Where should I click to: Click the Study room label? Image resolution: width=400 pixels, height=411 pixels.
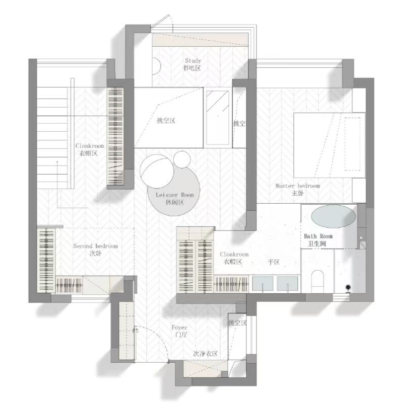[x=193, y=60]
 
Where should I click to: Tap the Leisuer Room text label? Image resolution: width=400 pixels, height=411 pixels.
[x=175, y=195]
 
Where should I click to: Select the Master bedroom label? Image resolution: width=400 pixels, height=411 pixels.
[x=298, y=186]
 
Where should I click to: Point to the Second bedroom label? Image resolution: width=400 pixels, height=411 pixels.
[x=96, y=246]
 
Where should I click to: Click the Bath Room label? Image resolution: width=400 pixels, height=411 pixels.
[x=318, y=236]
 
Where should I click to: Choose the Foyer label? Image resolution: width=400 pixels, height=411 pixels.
[x=179, y=327]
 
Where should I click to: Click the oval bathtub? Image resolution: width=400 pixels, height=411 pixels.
[x=334, y=216]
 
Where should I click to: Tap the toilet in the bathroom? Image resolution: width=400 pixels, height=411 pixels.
[x=317, y=281]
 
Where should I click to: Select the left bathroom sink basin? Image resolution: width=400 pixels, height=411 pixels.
[x=262, y=283]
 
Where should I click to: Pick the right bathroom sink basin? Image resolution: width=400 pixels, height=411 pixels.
[x=287, y=283]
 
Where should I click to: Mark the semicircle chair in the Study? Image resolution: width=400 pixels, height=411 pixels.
[x=157, y=66]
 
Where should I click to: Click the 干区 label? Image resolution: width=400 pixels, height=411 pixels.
[x=274, y=262]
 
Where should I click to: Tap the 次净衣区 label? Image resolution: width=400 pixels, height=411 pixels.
[x=206, y=354]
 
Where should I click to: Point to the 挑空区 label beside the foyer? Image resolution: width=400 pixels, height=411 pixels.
[x=238, y=322]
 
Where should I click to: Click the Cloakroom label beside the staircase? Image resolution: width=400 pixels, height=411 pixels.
[x=90, y=146]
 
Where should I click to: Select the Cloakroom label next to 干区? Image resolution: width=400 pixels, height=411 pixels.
[x=234, y=254]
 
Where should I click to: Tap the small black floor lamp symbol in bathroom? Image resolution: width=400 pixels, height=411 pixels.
[x=348, y=288]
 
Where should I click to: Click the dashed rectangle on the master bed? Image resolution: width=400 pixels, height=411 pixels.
[x=352, y=144]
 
